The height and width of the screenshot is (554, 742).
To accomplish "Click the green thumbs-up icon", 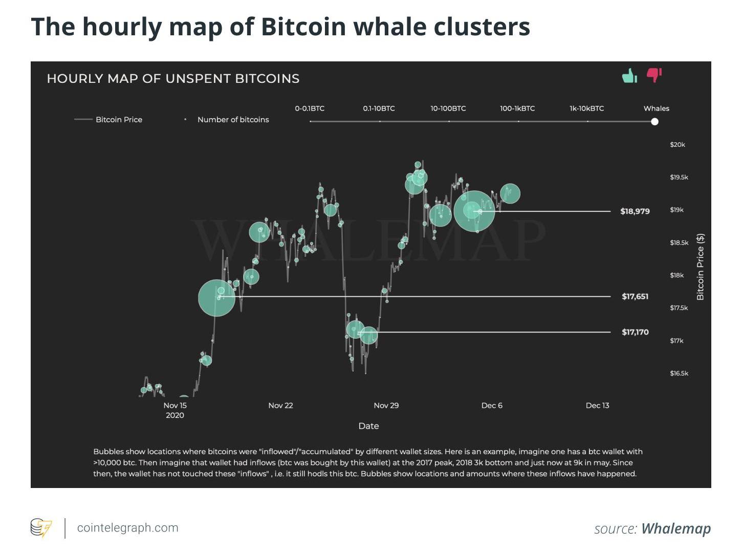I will tap(629, 76).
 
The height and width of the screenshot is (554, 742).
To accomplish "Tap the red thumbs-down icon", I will tap(654, 75).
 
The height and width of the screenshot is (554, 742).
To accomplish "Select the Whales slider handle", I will tap(654, 121).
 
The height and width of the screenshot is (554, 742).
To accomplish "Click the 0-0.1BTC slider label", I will tap(310, 108).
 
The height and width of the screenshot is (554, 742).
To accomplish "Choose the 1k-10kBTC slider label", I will tap(586, 108).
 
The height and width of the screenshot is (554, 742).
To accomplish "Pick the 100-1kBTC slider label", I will tap(517, 108).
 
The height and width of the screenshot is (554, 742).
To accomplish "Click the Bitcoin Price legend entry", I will tap(118, 120).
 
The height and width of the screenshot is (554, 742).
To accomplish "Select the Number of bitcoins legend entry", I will tap(233, 120).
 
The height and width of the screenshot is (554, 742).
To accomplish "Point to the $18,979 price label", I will tap(635, 211).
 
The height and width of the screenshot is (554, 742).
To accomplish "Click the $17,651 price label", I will tap(635, 296).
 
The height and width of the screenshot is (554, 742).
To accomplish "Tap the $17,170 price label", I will tap(635, 332).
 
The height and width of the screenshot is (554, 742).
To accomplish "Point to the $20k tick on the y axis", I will tap(677, 145).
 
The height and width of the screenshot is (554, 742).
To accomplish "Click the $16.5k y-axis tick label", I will tap(679, 373).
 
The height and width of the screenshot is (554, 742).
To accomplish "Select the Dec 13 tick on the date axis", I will tap(597, 406).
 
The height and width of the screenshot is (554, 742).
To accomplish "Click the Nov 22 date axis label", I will tap(280, 406).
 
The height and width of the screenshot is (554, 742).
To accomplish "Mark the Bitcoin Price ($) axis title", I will tap(700, 267).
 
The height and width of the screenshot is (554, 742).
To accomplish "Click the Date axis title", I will tap(368, 426).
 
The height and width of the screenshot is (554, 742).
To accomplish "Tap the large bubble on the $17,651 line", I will tap(216, 298).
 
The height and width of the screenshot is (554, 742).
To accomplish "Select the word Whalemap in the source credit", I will tap(675, 528).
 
